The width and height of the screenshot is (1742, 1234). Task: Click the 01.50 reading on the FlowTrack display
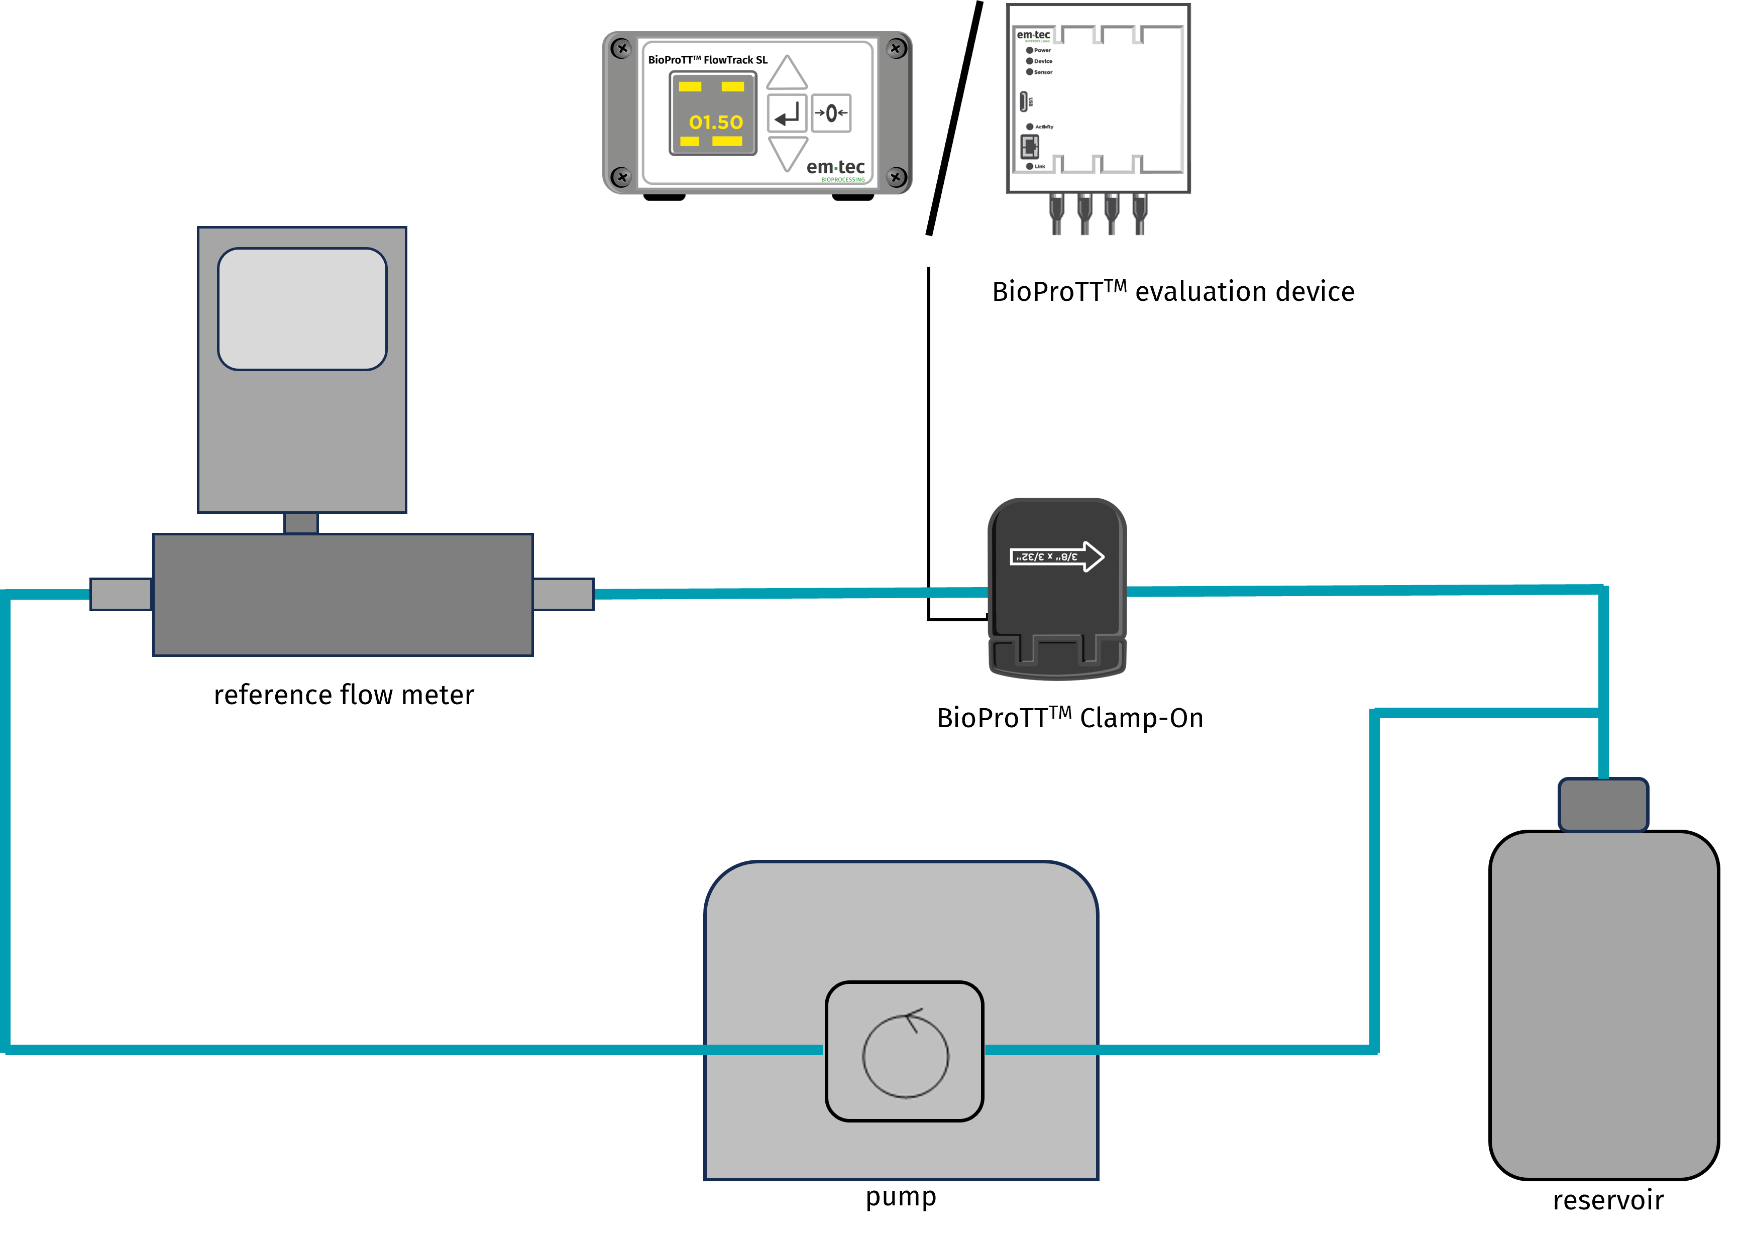[x=715, y=122]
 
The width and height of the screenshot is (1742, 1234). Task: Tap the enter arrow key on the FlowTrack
[x=787, y=114]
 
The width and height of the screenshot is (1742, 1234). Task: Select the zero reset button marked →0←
[x=831, y=113]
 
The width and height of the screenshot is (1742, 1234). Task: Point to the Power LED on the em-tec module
[x=1030, y=50]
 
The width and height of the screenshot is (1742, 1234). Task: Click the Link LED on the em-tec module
[x=1030, y=166]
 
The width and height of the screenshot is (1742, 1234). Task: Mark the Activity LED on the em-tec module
[x=1030, y=127]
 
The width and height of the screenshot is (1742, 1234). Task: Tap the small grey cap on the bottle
[x=1603, y=805]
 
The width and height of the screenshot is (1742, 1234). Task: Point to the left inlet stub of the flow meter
[x=121, y=594]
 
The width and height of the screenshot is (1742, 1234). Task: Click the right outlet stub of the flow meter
[x=563, y=594]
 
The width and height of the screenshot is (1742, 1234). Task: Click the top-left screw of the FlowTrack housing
[x=622, y=49]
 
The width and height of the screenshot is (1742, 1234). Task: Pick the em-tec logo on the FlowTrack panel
[x=835, y=168]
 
